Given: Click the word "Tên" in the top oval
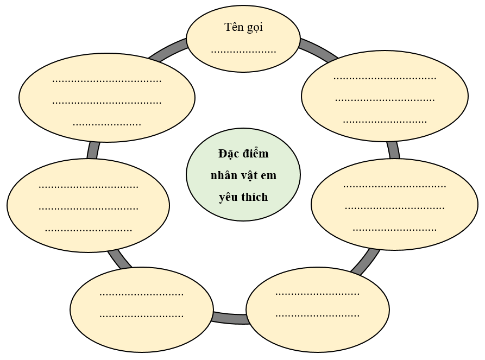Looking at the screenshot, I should tap(235, 27).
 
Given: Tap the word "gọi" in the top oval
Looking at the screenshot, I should tap(254, 28).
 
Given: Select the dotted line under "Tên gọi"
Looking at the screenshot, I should tap(243, 52).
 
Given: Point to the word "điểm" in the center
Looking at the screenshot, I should tap(256, 154).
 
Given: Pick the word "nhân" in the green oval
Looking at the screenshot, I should tap(223, 175).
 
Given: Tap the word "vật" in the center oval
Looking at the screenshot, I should tap(248, 175).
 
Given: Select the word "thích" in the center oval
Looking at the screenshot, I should tap(255, 197).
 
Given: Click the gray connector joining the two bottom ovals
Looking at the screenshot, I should tap(230, 318).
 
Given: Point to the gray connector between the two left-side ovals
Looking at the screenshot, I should tap(93, 150).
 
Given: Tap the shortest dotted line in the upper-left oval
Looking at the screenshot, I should tap(107, 124).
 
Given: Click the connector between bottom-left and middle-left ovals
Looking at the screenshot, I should tap(120, 260).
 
